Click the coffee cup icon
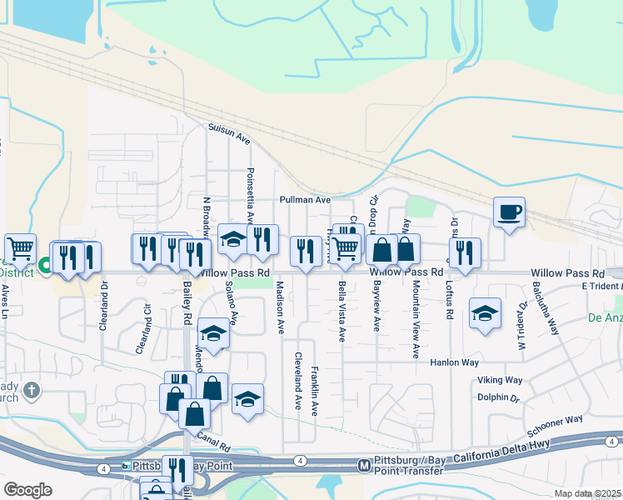(508, 212)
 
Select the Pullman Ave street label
(306, 200)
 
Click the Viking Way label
(500, 380)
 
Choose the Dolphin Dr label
(499, 397)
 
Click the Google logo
(27, 490)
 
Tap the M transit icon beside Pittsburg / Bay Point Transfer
(363, 465)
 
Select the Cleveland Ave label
(297, 380)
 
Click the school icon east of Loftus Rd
(485, 313)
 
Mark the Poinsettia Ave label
(249, 194)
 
